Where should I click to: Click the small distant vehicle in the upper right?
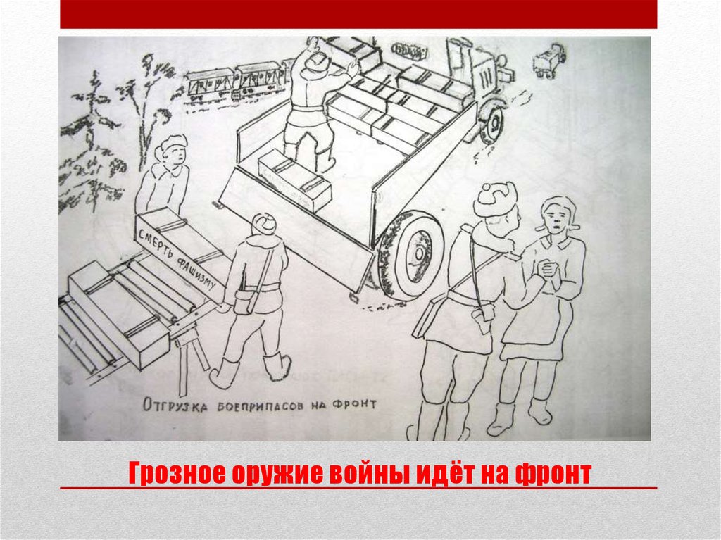pos(549,59)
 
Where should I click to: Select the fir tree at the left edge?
pos(88,141)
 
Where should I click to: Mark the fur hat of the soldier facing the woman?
pos(495,199)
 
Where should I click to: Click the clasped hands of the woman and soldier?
pos(545,269)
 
